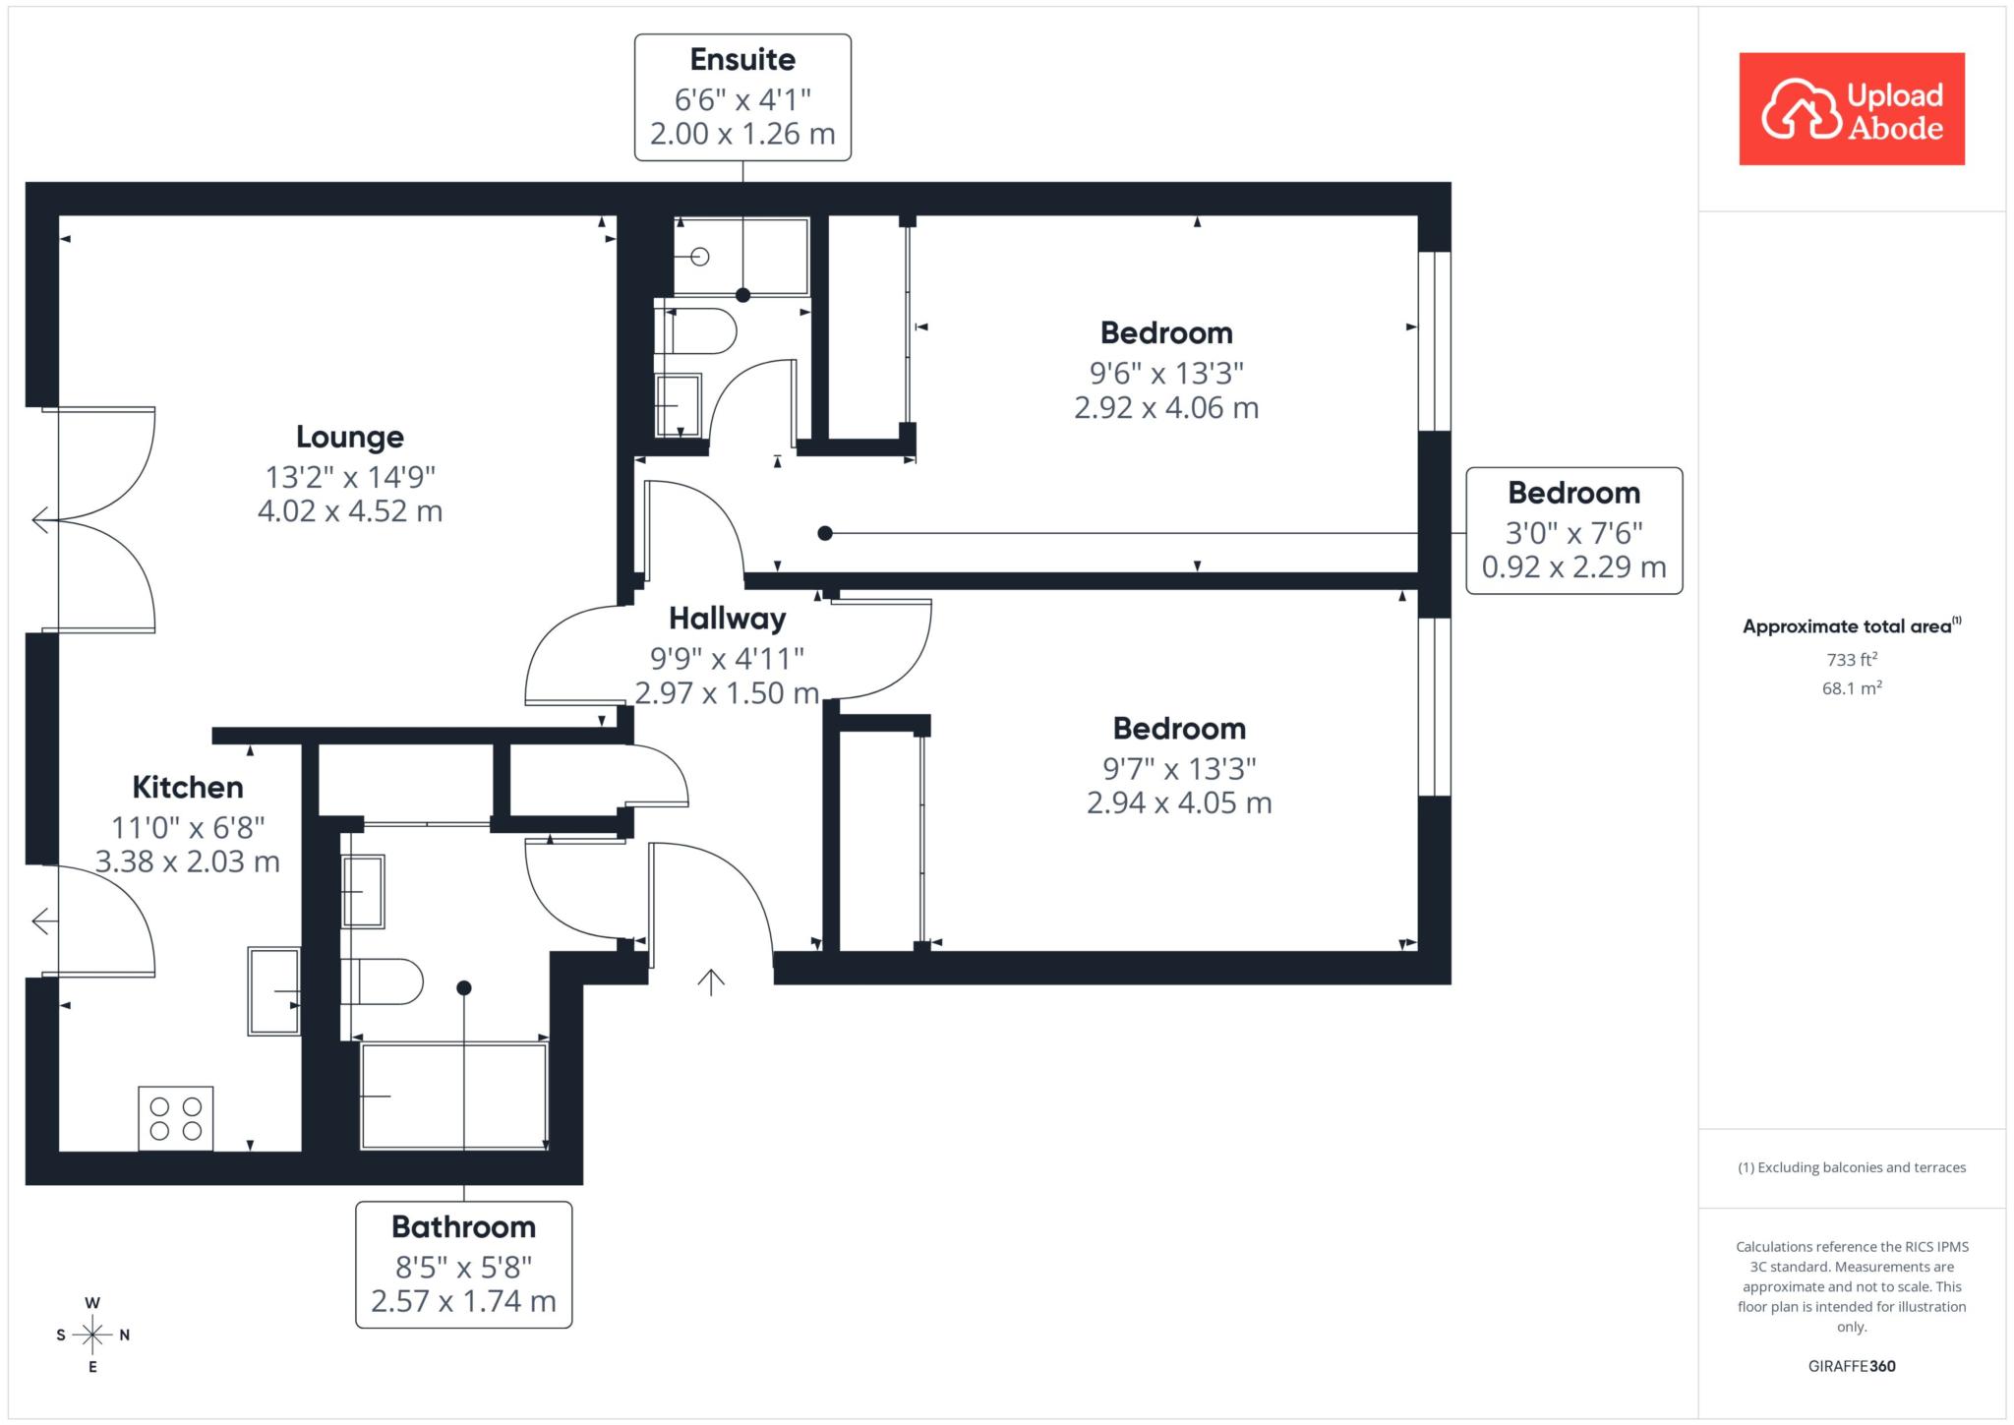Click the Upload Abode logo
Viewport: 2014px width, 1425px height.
tap(1852, 108)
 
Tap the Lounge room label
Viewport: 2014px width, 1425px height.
tap(350, 437)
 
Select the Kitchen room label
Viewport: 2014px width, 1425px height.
tap(188, 787)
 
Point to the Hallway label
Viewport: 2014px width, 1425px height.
tap(728, 619)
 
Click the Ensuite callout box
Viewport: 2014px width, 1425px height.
tap(742, 96)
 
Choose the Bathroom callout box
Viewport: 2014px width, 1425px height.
tap(463, 1265)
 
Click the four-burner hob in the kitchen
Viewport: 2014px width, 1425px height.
tap(176, 1118)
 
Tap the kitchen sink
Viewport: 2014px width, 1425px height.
tap(274, 990)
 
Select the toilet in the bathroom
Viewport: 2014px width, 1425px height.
tap(383, 981)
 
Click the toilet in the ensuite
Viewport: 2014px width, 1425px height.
tap(696, 331)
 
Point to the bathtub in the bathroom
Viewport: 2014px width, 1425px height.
tap(454, 1096)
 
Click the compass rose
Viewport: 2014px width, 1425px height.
tap(92, 1335)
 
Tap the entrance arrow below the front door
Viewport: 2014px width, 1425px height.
tap(711, 981)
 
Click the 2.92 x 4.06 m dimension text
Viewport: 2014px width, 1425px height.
tap(1166, 407)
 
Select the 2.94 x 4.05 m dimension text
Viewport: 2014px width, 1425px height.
tap(1179, 802)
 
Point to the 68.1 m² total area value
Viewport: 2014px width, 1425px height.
tap(1852, 687)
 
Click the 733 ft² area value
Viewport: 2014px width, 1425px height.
tap(1852, 659)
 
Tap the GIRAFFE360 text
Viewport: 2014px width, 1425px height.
tap(1852, 1366)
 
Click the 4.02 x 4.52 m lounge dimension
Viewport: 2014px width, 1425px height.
tap(350, 511)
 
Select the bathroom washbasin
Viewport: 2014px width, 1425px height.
tap(363, 891)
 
